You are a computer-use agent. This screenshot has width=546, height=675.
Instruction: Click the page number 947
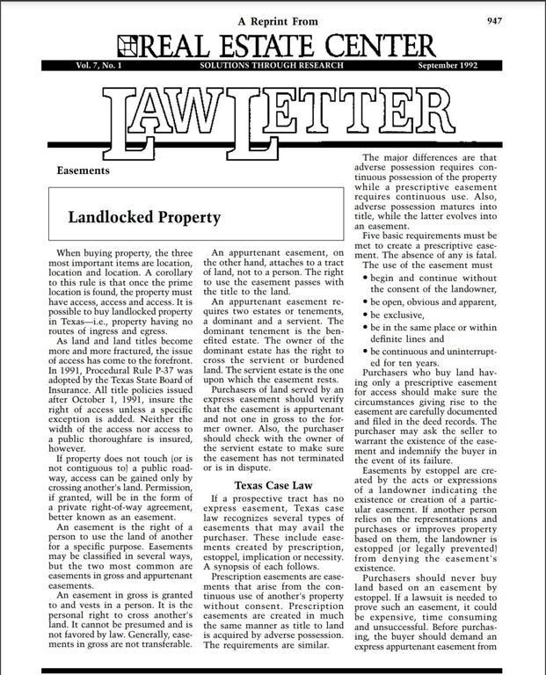click(519, 18)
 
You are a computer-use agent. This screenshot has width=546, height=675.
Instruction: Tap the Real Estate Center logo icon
click(127, 45)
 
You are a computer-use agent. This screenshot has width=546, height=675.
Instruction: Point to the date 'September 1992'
click(448, 66)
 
